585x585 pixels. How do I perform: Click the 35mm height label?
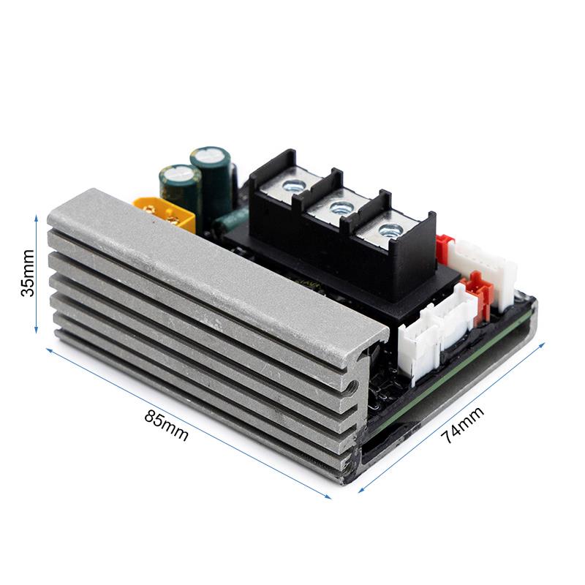tap(28, 273)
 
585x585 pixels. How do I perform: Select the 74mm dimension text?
tap(463, 426)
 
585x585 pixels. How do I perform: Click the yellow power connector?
tap(165, 213)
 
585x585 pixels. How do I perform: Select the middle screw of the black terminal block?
tap(339, 208)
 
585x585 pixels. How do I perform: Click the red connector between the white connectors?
tap(478, 291)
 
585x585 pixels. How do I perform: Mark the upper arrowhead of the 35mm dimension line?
tap(36, 217)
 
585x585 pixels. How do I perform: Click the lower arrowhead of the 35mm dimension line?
tap(36, 331)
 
